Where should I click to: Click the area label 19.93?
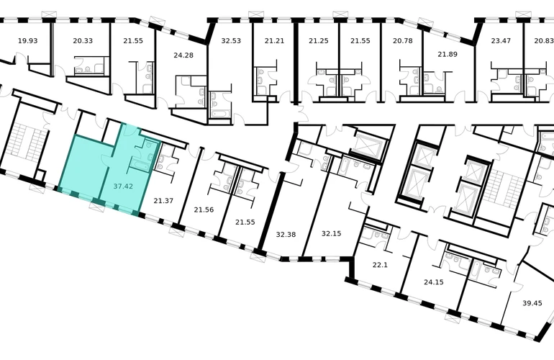pyautogui.click(x=27, y=40)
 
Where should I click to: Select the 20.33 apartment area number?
pyautogui.click(x=83, y=40)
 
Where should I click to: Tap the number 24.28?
pyautogui.click(x=183, y=55)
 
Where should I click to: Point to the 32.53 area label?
pyautogui.click(x=231, y=40)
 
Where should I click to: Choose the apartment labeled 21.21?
pyautogui.click(x=274, y=40)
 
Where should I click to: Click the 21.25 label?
pyautogui.click(x=318, y=40)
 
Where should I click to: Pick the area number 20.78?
pyautogui.click(x=402, y=40)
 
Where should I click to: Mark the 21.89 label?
pyautogui.click(x=448, y=54)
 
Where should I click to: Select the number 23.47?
pyautogui.click(x=501, y=40)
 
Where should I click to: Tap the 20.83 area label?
pyautogui.click(x=544, y=40)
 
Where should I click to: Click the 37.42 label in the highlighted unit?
pyautogui.click(x=123, y=186)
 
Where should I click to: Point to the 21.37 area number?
pyautogui.click(x=163, y=201)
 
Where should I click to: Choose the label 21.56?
pyautogui.click(x=204, y=210)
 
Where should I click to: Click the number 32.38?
pyautogui.click(x=286, y=234)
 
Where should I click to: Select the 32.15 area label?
pyautogui.click(x=331, y=233)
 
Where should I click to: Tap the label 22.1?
pyautogui.click(x=380, y=264)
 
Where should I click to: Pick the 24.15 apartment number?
pyautogui.click(x=434, y=282)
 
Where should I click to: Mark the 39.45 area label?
pyautogui.click(x=532, y=303)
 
